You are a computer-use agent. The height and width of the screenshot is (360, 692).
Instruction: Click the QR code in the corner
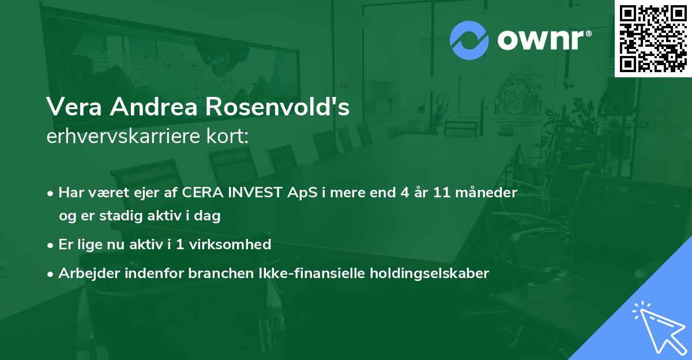(653, 38)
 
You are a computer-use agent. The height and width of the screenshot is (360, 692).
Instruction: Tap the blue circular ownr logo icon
(469, 40)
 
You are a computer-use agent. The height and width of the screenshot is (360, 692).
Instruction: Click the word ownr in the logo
(543, 40)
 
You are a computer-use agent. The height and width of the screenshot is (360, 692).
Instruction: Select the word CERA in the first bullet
(202, 192)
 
